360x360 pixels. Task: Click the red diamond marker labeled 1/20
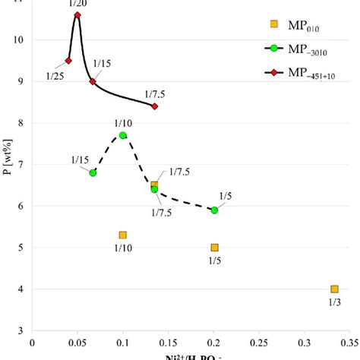[77, 14]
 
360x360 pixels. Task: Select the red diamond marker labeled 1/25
[68, 61]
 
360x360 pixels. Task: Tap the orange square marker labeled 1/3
[334, 289]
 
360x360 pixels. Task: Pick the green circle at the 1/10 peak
[123, 135]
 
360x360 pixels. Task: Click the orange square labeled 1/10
[123, 235]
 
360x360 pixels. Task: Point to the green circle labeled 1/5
[214, 210]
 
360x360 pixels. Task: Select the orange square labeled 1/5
[214, 247]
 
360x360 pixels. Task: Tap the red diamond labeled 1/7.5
[155, 106]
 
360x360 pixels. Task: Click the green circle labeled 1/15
[93, 172]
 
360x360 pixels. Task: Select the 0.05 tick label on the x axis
[77, 343]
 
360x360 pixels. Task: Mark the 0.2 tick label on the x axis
[214, 343]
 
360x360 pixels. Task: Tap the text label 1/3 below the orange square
[334, 303]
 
